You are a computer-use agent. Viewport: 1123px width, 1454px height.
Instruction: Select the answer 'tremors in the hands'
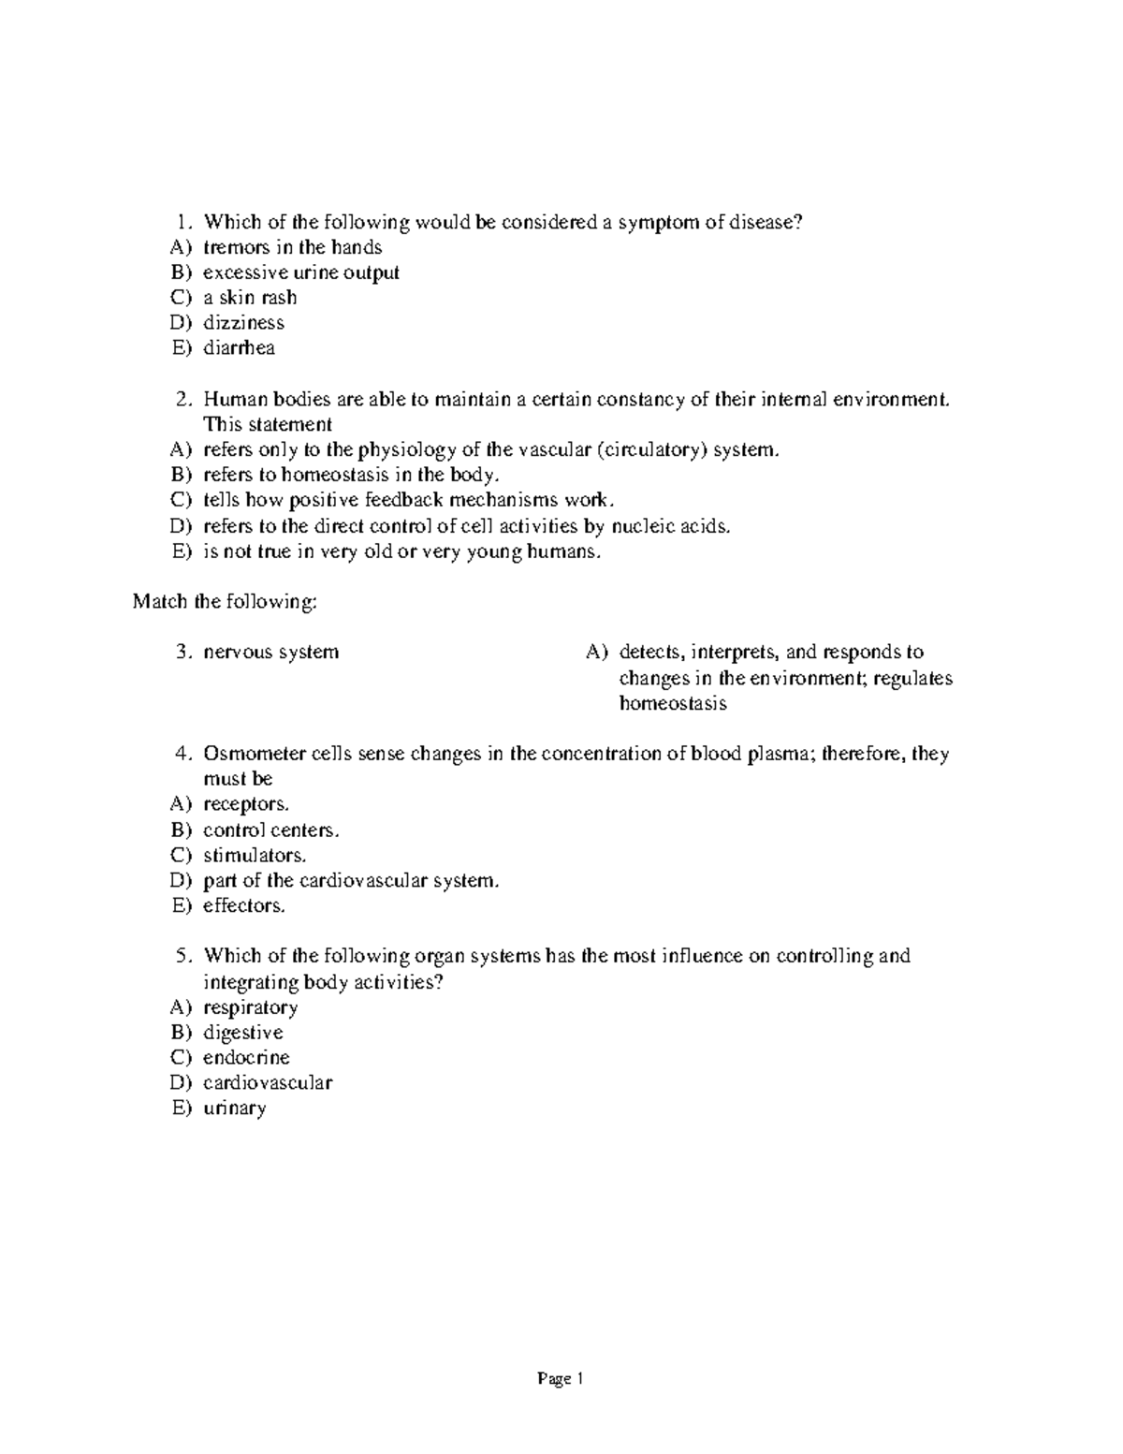[292, 248]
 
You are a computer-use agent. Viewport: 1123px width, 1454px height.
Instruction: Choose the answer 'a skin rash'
[250, 298]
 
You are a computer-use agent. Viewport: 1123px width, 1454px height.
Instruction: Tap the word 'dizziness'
[243, 323]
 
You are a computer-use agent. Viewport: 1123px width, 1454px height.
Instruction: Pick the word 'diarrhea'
[239, 348]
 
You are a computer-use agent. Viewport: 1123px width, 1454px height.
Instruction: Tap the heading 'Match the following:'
[225, 601]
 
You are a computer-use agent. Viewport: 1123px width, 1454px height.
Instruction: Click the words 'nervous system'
[270, 652]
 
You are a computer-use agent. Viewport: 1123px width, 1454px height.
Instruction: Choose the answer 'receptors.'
[246, 804]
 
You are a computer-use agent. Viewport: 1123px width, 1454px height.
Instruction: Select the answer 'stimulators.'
[255, 855]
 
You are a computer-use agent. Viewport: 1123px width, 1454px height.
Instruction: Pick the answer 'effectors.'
[244, 905]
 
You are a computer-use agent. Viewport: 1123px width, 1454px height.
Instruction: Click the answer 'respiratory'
[250, 1007]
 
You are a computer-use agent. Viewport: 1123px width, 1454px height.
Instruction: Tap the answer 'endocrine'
[246, 1058]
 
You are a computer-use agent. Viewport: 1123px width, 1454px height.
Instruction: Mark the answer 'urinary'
[234, 1109]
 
